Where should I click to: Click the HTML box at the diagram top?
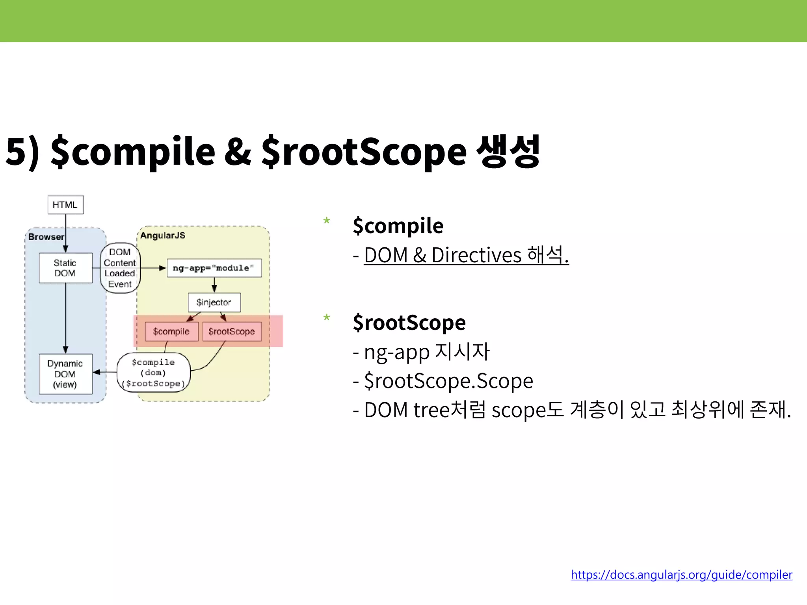coord(65,205)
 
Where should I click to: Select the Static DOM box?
coord(65,268)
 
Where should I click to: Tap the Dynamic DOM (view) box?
coord(65,374)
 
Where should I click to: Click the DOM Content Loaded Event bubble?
coord(120,268)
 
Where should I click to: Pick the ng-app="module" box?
coord(214,268)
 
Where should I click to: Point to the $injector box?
coord(214,302)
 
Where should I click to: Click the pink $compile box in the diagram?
coord(171,331)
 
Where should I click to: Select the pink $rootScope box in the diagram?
coord(232,331)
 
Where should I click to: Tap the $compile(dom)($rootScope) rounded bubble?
coord(154,373)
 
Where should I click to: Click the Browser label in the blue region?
coord(46,237)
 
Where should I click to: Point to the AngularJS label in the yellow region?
coord(162,236)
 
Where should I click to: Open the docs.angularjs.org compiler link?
coord(681,575)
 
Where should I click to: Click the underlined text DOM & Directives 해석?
coord(466,255)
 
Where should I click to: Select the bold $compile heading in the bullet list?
coord(398,226)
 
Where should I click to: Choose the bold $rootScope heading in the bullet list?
coord(409,323)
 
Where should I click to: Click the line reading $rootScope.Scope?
coord(448,381)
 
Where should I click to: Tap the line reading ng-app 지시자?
coord(426,352)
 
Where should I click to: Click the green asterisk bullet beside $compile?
coord(326,221)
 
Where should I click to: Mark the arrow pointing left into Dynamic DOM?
coord(103,372)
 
